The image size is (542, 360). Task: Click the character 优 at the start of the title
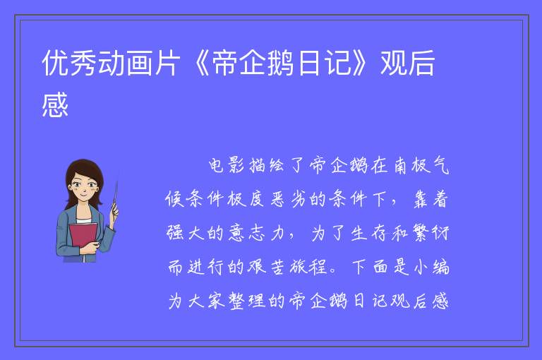coord(55,63)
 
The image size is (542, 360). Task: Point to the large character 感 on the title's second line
coord(55,104)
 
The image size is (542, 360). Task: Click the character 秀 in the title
coord(84,63)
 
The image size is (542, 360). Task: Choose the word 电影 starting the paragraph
coord(227,166)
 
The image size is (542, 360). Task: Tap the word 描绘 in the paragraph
coord(267,166)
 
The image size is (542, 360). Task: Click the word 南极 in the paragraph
coord(411,166)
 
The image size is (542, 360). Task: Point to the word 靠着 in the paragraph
coord(431,199)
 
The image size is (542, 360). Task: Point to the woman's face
coord(83,188)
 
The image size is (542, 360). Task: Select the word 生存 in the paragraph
coord(369,233)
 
